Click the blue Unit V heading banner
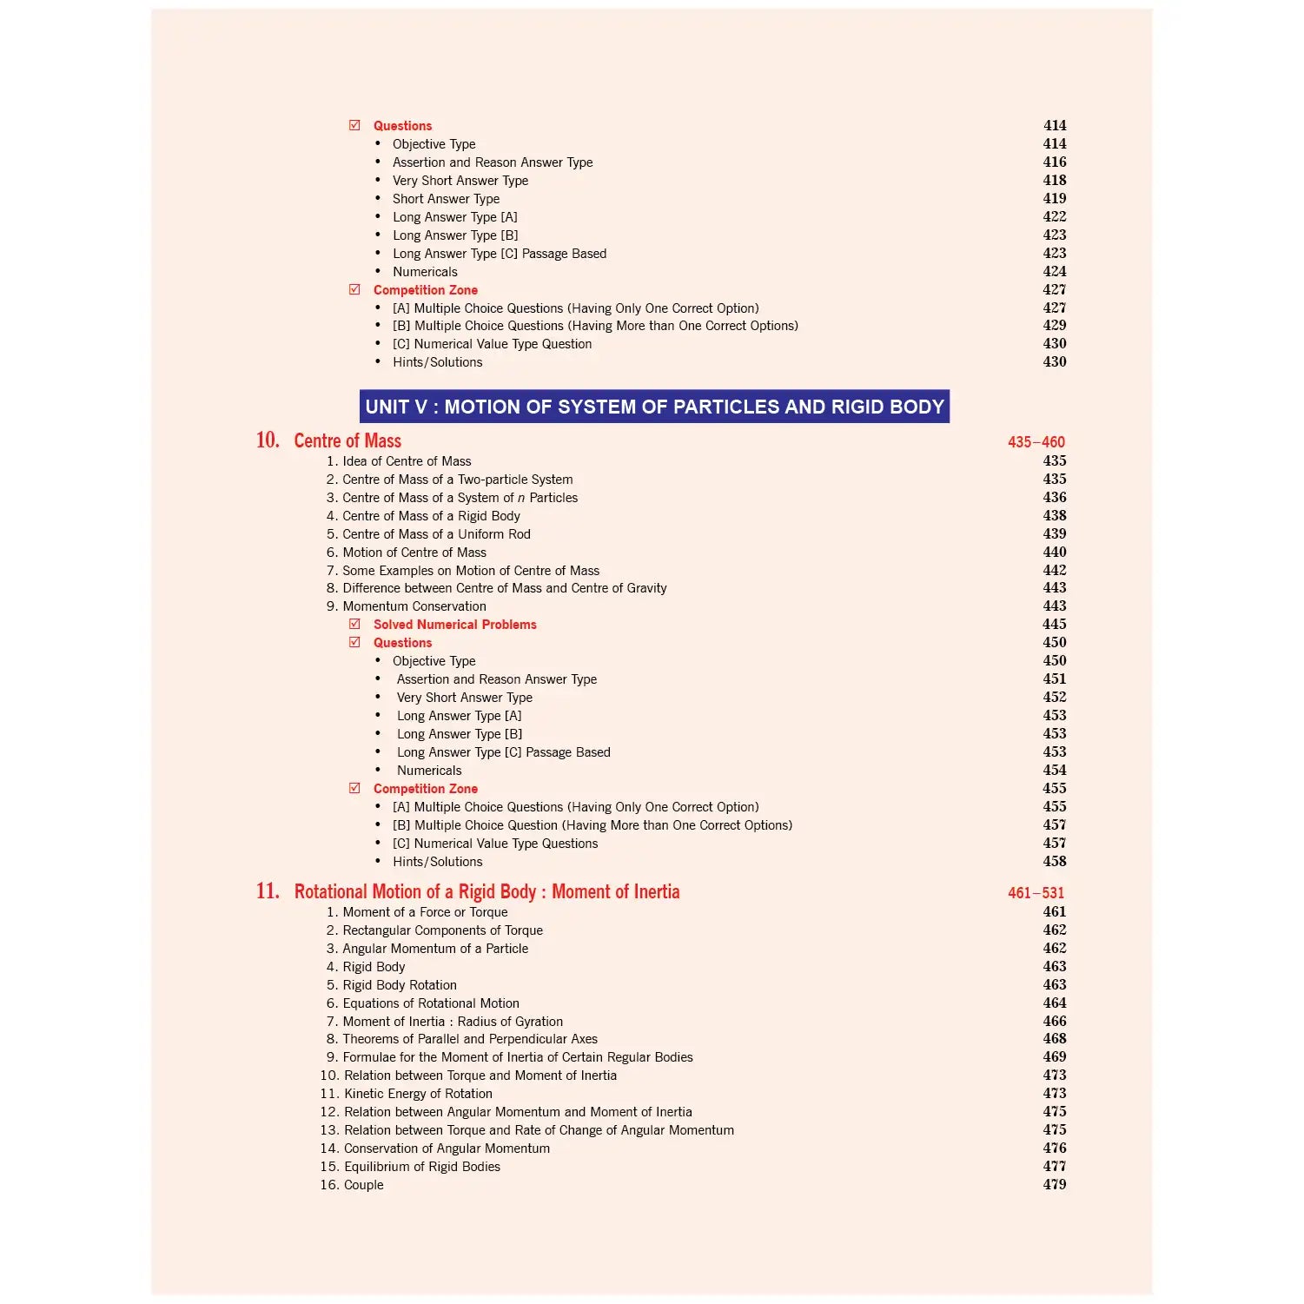[654, 407]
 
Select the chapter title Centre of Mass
[348, 440]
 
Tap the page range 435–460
[1036, 442]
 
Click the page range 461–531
[1036, 893]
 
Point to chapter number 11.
[268, 891]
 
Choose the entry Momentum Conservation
[414, 606]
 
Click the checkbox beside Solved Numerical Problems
[354, 624]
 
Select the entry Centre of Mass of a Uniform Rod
[435, 534]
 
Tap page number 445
[1054, 625]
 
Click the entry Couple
[363, 1185]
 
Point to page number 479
[1054, 1184]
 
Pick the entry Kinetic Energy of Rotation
[418, 1094]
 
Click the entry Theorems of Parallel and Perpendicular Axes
[469, 1039]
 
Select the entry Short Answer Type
[446, 199]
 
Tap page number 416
[1054, 162]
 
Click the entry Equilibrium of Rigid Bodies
[421, 1167]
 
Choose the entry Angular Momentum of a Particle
[434, 949]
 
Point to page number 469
[1054, 1057]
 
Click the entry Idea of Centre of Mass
[406, 461]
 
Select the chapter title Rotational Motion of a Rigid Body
[487, 892]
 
